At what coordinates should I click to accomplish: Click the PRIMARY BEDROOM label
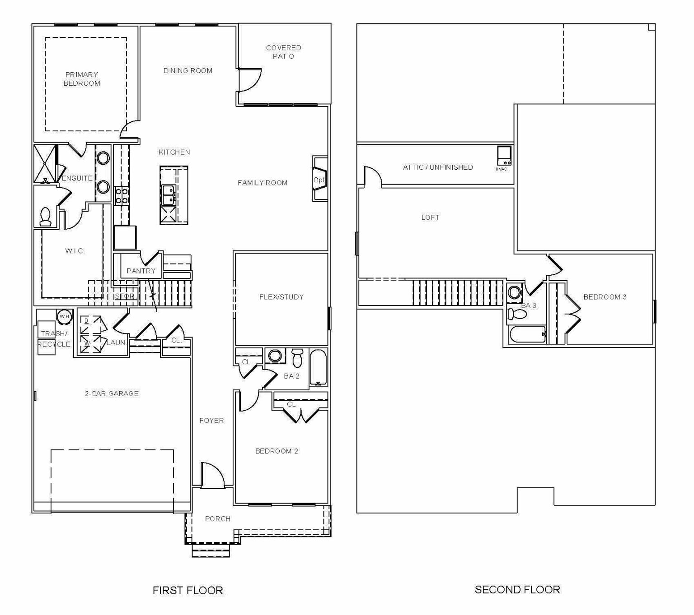point(82,79)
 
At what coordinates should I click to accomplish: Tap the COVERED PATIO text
point(283,52)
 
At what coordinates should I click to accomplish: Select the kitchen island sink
point(169,195)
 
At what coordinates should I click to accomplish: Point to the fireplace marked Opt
point(319,179)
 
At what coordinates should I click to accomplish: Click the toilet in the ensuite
point(46,217)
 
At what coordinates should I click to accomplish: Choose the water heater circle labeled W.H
point(64,316)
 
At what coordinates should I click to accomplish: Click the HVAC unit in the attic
point(504,156)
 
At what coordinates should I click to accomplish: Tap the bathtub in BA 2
point(318,367)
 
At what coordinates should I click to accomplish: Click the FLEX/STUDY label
point(281,297)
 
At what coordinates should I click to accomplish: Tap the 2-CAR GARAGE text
point(112,393)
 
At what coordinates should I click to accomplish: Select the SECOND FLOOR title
point(517,589)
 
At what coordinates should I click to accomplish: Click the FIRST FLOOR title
point(188,590)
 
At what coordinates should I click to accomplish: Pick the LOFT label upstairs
point(430,217)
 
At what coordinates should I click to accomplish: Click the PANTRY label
point(141,271)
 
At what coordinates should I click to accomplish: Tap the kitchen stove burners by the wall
point(122,196)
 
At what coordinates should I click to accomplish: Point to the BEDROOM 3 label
point(605,297)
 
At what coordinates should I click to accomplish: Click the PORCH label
point(218,519)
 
